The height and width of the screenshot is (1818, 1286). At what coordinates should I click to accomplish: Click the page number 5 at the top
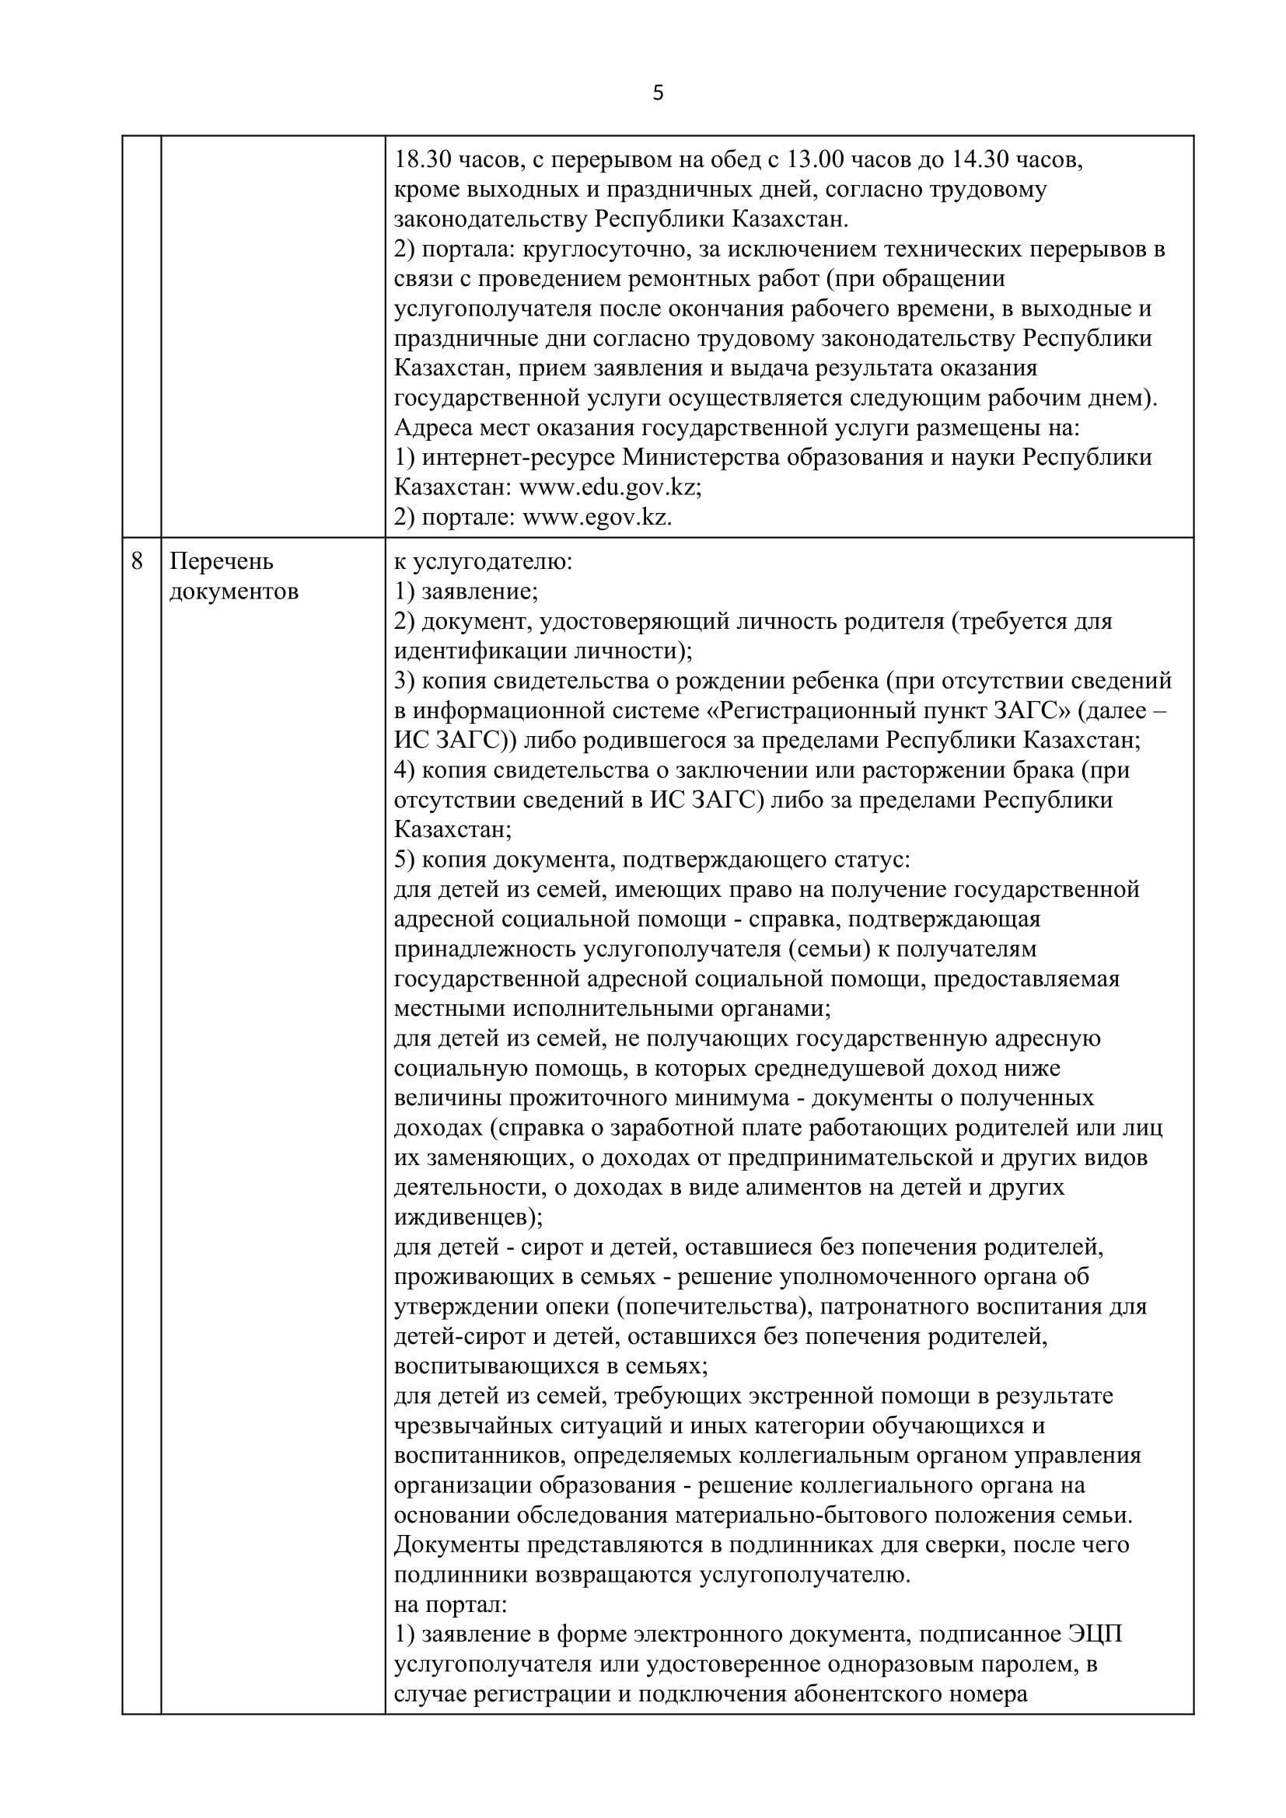658,93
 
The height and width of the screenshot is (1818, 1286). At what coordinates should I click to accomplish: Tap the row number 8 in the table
138,561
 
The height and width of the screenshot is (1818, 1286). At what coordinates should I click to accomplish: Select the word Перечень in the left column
222,561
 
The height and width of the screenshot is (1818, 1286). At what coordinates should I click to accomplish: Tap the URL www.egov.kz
597,518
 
